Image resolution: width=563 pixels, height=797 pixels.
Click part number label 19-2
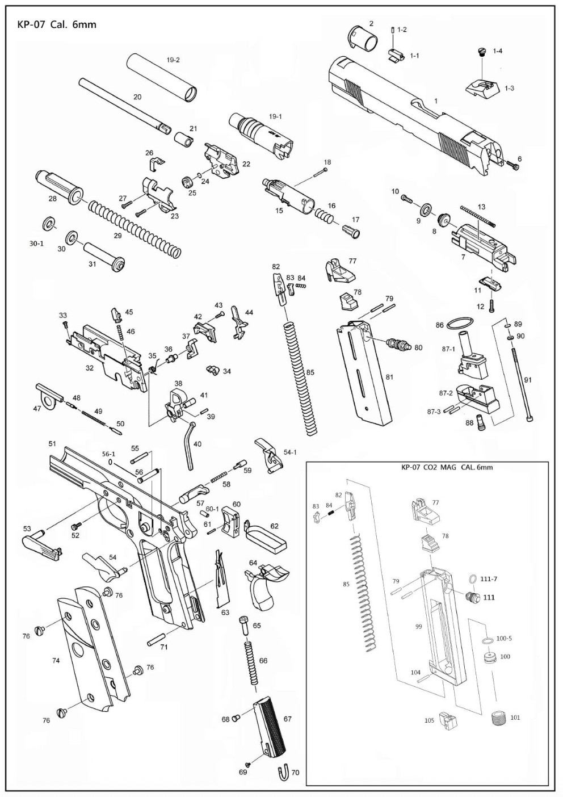click(173, 60)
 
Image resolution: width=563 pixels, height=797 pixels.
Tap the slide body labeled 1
click(409, 114)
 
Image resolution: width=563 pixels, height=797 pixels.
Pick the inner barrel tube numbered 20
click(122, 104)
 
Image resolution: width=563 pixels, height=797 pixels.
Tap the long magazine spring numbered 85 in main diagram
click(300, 377)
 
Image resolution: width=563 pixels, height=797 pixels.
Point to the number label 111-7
click(488, 578)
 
